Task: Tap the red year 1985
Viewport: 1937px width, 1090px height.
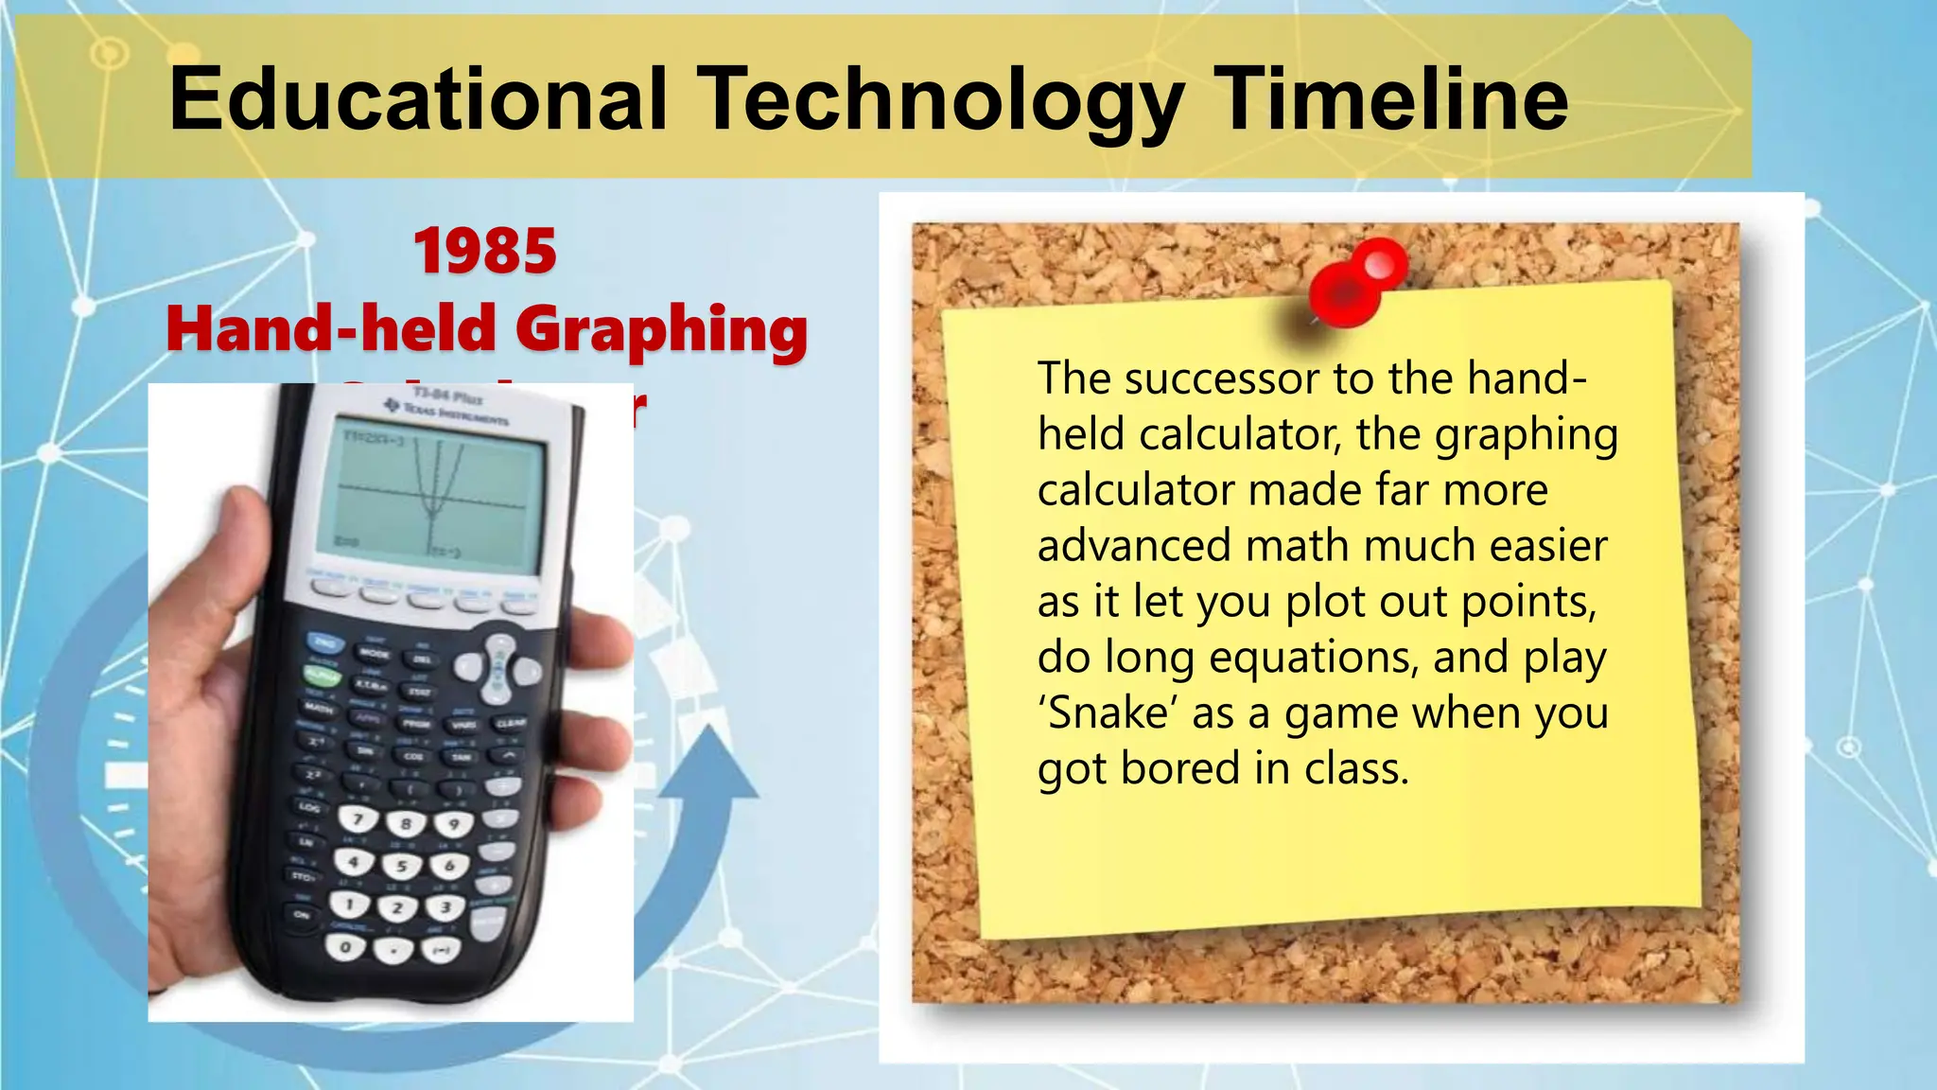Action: click(485, 252)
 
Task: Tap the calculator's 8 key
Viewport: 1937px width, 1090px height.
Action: click(406, 823)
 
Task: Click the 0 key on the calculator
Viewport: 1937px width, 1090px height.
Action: click(346, 946)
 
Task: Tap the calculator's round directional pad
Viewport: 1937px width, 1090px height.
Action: click(498, 668)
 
